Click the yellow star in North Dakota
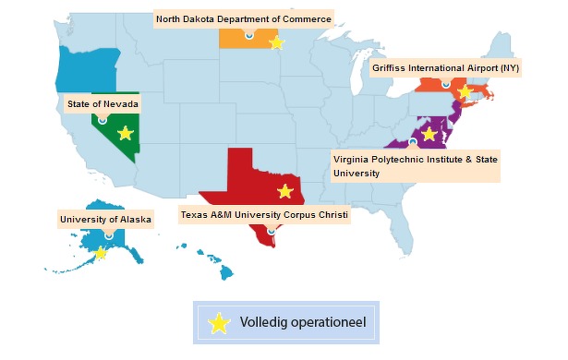point(275,42)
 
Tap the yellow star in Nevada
point(126,133)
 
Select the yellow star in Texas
point(284,191)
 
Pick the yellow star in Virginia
point(429,134)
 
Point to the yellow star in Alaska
point(101,252)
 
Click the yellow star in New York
point(465,93)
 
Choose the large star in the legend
point(218,323)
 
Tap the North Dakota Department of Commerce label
point(243,18)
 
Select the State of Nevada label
point(103,104)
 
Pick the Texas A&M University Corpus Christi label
point(264,216)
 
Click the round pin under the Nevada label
point(103,119)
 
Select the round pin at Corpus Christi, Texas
point(271,230)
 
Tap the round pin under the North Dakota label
point(248,34)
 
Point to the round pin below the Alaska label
point(109,234)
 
